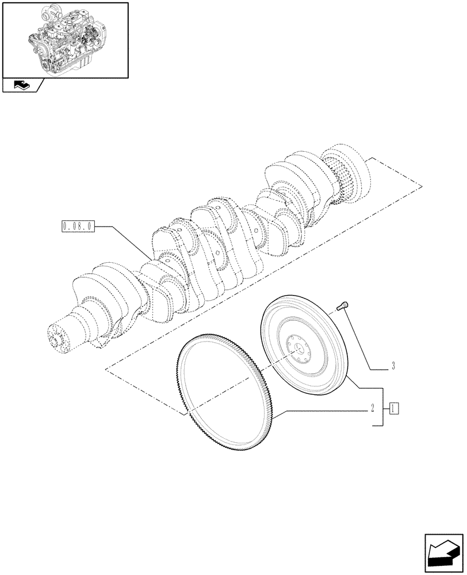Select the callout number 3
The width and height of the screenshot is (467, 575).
392,366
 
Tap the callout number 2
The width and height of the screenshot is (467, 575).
373,409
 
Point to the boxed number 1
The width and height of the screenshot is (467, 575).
394,409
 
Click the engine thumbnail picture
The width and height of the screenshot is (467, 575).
65,40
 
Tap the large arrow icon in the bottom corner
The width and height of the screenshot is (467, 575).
445,553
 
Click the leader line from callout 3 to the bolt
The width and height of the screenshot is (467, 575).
359,339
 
